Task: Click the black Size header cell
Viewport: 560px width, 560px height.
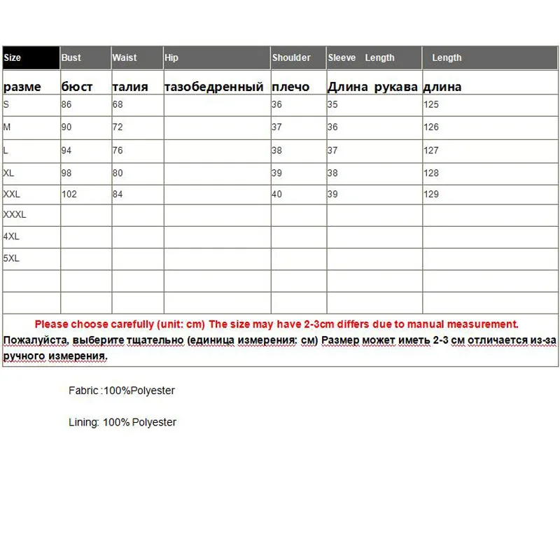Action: click(31, 58)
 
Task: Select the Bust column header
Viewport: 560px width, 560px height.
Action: click(71, 58)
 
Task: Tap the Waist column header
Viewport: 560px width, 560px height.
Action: click(125, 58)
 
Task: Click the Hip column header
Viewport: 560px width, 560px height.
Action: click(172, 58)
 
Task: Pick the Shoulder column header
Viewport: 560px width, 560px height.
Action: click(291, 58)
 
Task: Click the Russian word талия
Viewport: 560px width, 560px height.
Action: click(130, 87)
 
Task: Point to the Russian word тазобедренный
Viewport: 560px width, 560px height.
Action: click(214, 87)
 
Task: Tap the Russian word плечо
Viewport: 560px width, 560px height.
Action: click(290, 87)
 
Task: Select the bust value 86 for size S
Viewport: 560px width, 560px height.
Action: click(67, 105)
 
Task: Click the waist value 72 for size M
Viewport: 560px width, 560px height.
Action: click(118, 127)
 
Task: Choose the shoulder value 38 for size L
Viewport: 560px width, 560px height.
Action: click(276, 150)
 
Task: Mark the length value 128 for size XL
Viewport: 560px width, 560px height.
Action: click(431, 173)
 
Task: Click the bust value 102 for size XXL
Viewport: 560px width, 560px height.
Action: click(69, 194)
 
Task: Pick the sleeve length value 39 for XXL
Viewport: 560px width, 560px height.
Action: click(332, 194)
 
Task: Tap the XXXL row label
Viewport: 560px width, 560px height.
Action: click(15, 215)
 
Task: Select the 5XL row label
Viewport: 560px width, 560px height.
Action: click(11, 258)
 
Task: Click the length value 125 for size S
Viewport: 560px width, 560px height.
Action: click(431, 105)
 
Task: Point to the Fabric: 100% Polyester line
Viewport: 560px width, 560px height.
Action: click(122, 391)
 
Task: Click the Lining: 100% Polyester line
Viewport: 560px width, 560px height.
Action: click(122, 422)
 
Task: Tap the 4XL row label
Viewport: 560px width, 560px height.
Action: click(11, 237)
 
